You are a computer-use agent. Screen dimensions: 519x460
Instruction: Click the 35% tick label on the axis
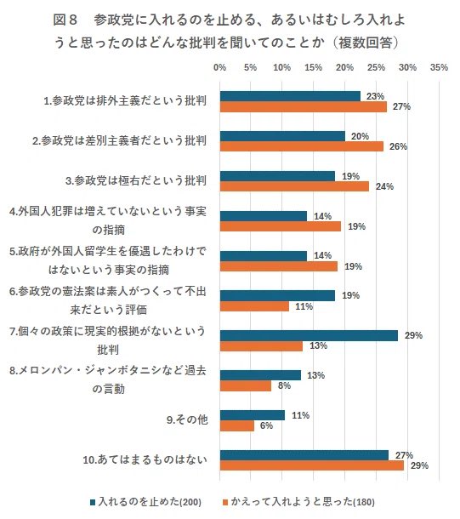coord(439,66)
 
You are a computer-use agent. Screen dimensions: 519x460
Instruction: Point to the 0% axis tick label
coord(219,66)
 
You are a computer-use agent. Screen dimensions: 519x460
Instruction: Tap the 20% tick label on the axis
coord(345,66)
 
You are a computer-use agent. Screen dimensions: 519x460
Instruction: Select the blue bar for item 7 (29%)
coord(309,335)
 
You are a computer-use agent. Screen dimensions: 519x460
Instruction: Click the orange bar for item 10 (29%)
coord(312,465)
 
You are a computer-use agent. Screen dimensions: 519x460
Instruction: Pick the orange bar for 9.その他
coord(237,425)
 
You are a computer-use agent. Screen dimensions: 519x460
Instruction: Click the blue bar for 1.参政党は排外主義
coord(290,96)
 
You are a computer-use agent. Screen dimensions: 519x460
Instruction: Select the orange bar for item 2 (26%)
coord(302,146)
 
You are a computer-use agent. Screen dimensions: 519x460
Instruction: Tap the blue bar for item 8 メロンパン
coord(260,375)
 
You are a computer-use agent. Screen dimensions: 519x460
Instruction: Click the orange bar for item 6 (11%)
coord(254,305)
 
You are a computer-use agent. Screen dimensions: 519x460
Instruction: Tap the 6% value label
coord(265,426)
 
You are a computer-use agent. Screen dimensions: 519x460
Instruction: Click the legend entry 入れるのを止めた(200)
coord(144,501)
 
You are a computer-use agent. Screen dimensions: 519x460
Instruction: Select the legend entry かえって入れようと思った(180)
coord(298,501)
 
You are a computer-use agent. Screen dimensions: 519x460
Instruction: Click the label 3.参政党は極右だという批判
coord(136,180)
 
